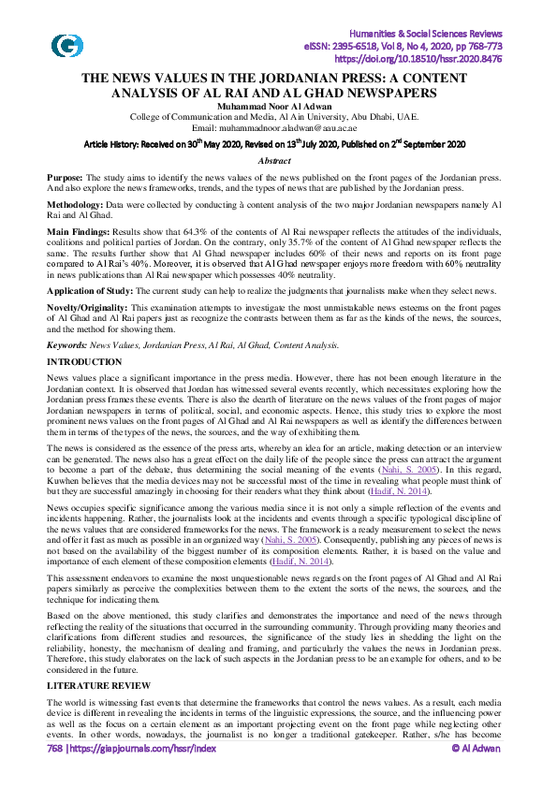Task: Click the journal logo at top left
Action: click(67, 45)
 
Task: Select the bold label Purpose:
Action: click(66, 177)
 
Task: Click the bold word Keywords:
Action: click(69, 345)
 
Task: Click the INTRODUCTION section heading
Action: click(84, 361)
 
